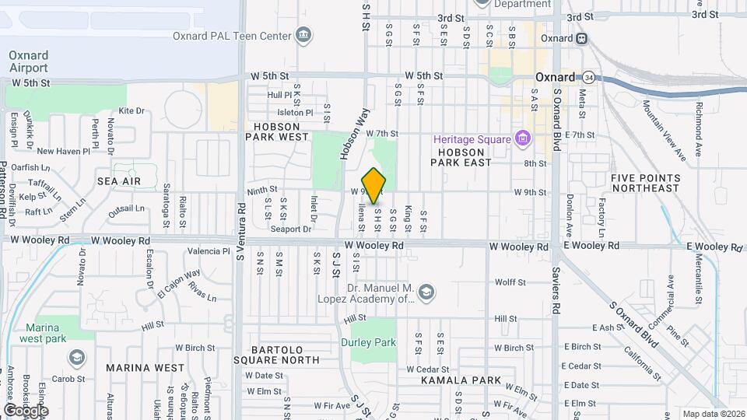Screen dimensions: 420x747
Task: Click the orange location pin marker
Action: click(374, 185)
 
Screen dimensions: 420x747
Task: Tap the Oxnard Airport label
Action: click(29, 61)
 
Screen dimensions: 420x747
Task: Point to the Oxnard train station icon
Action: click(583, 38)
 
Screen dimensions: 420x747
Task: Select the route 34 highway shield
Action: click(589, 77)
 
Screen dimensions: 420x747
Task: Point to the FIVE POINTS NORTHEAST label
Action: click(645, 183)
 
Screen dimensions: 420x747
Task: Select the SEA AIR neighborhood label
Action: click(119, 180)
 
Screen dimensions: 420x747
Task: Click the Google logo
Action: click(26, 411)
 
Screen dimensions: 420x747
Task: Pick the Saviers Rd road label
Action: click(556, 303)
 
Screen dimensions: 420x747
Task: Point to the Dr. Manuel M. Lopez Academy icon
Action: click(426, 292)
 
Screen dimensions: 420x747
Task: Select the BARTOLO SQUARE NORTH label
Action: click(276, 355)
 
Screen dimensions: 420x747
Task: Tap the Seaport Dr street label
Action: click(291, 229)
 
